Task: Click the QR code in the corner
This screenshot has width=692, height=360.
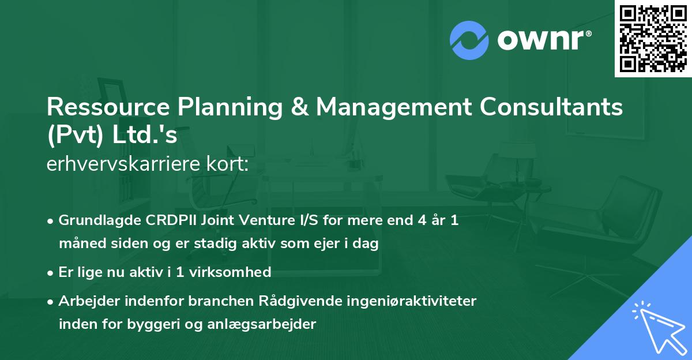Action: [653, 39]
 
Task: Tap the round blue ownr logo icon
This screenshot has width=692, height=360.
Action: [469, 39]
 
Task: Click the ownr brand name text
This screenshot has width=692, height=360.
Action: [543, 39]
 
